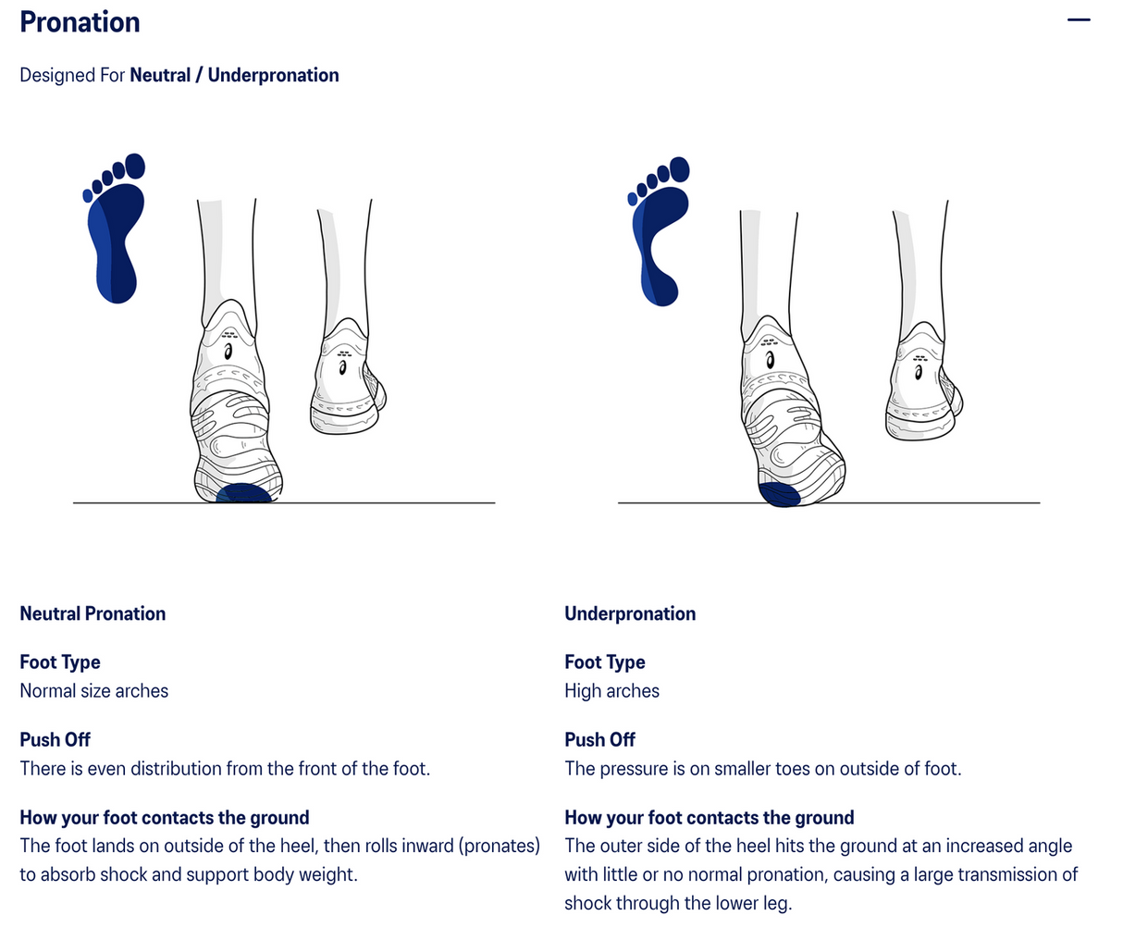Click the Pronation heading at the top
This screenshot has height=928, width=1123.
pyautogui.click(x=80, y=22)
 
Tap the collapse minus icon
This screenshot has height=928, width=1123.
pyautogui.click(x=1079, y=20)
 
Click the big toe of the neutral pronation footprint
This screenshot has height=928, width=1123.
pyautogui.click(x=135, y=166)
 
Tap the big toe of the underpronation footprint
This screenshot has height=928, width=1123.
pyautogui.click(x=680, y=169)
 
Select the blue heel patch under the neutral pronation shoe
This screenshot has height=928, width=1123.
pyautogui.click(x=243, y=493)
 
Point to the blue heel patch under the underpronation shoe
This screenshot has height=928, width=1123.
pyautogui.click(x=779, y=494)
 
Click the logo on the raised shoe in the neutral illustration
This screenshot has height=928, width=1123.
pyautogui.click(x=343, y=368)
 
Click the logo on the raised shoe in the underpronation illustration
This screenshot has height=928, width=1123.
pyautogui.click(x=919, y=372)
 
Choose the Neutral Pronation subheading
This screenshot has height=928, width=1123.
pyautogui.click(x=93, y=613)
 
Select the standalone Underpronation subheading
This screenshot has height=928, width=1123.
pyautogui.click(x=630, y=613)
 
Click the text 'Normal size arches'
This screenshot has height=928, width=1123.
pyautogui.click(x=94, y=691)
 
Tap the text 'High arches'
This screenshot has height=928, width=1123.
pyautogui.click(x=611, y=691)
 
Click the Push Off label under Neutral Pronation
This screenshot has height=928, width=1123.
pyautogui.click(x=55, y=739)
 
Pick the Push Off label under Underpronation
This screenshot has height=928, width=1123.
pyautogui.click(x=599, y=739)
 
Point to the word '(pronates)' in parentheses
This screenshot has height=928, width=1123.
pyautogui.click(x=499, y=847)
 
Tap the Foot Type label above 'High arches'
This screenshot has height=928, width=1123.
pyautogui.click(x=605, y=662)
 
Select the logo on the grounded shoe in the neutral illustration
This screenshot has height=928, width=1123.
pyautogui.click(x=228, y=352)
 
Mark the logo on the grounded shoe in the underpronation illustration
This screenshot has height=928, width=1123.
pyautogui.click(x=771, y=359)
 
